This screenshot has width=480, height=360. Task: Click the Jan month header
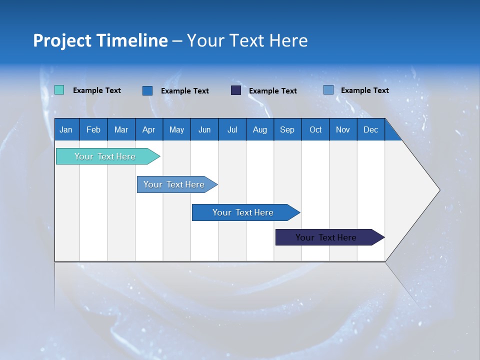point(66,129)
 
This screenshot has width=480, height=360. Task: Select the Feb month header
point(93,129)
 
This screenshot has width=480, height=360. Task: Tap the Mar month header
point(121,129)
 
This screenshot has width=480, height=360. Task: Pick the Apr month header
point(149,129)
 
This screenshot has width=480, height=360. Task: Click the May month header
point(176,129)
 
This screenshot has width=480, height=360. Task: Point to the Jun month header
point(204,129)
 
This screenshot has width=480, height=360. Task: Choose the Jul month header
point(232,129)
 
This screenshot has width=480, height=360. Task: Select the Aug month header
point(260,129)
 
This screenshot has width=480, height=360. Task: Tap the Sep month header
point(287,129)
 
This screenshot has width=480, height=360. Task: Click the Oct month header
point(315,129)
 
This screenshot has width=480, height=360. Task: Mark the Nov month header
point(343,129)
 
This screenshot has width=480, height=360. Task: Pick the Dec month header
point(371,129)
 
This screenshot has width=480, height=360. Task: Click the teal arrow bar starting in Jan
point(105,156)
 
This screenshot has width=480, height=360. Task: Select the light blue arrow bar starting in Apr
point(174,184)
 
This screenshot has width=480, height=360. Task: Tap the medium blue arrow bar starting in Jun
point(243,212)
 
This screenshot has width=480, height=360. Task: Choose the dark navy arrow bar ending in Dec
point(326,237)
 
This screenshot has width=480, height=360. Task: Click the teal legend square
point(59,90)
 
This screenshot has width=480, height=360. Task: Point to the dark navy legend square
point(236,90)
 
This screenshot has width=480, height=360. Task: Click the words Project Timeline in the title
point(100,40)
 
